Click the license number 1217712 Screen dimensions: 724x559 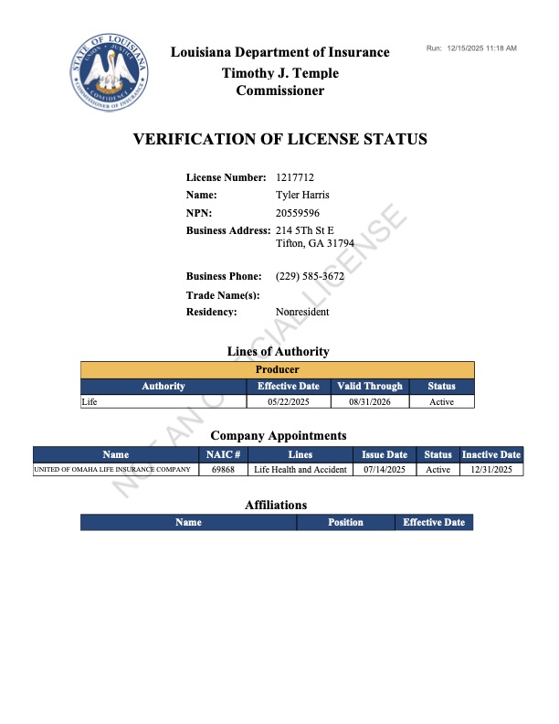tap(295, 177)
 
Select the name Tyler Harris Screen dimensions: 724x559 tap(302, 195)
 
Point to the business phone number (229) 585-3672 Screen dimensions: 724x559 tap(310, 276)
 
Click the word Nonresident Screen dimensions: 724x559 tap(302, 312)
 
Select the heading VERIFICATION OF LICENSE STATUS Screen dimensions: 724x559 tap(279, 140)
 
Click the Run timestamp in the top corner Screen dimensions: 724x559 tap(471, 48)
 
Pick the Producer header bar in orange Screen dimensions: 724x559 tap(278, 370)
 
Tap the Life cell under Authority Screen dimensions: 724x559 tap(90, 401)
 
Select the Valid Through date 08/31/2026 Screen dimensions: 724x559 tap(369, 401)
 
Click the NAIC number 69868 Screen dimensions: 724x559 tap(223, 470)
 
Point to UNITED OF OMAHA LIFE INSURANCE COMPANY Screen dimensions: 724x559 tap(112, 470)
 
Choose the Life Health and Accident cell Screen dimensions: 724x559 tap(300, 470)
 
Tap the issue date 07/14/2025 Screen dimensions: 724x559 tap(385, 470)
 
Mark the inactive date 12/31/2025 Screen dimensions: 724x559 tap(490, 470)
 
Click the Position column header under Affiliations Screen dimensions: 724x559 tap(345, 523)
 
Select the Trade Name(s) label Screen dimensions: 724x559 tap(223, 295)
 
